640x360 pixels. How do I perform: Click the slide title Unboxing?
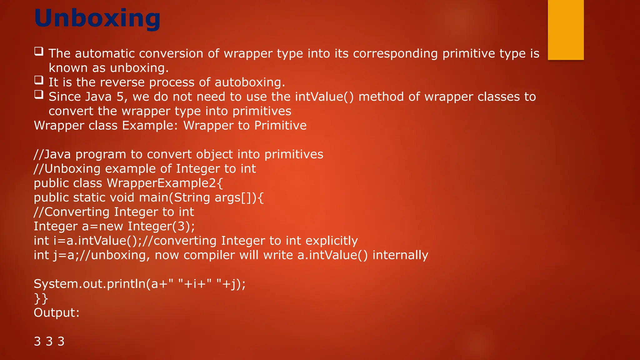97,18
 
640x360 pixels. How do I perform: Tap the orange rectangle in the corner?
566,30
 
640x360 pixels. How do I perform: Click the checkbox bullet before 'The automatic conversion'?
39,51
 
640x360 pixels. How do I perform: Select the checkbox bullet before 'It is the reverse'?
39,80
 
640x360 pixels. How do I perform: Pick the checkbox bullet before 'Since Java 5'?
39,94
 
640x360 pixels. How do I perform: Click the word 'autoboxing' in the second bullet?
250,82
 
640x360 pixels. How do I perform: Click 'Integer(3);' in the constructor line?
161,227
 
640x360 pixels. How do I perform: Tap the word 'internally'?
400,255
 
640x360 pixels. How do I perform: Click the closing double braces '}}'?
41,298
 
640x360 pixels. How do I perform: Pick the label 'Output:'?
57,313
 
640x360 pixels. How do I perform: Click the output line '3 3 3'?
49,342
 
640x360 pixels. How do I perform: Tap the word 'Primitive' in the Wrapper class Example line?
280,126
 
